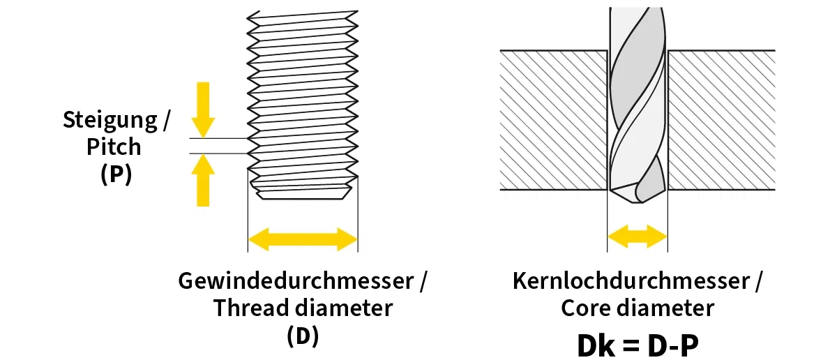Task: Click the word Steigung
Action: point(109,120)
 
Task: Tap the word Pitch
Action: point(114,147)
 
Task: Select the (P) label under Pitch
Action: point(116,174)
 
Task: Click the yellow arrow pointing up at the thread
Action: point(202,180)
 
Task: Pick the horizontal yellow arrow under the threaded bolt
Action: point(303,239)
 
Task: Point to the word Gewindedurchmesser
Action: point(296,281)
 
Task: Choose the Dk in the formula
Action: point(597,345)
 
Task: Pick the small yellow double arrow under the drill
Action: point(637,237)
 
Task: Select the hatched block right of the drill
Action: point(722,119)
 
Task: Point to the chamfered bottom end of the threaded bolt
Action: point(303,190)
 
